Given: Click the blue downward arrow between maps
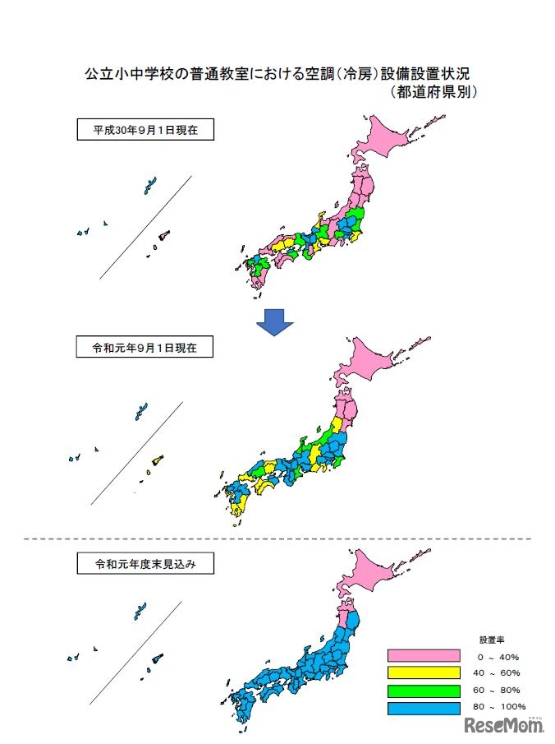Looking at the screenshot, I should click(x=274, y=322).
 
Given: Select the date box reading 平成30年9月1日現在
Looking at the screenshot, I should click(x=144, y=130).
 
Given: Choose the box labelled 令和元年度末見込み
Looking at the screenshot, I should click(x=144, y=564).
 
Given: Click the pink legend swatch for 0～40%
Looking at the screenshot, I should click(x=424, y=656).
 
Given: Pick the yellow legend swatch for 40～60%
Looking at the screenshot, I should click(x=424, y=672).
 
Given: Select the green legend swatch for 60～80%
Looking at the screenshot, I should click(x=424, y=689).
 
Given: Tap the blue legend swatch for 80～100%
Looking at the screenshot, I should click(x=424, y=706).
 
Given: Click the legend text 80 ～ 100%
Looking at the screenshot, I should click(x=499, y=706).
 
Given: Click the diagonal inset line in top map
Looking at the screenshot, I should click(x=146, y=227).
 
